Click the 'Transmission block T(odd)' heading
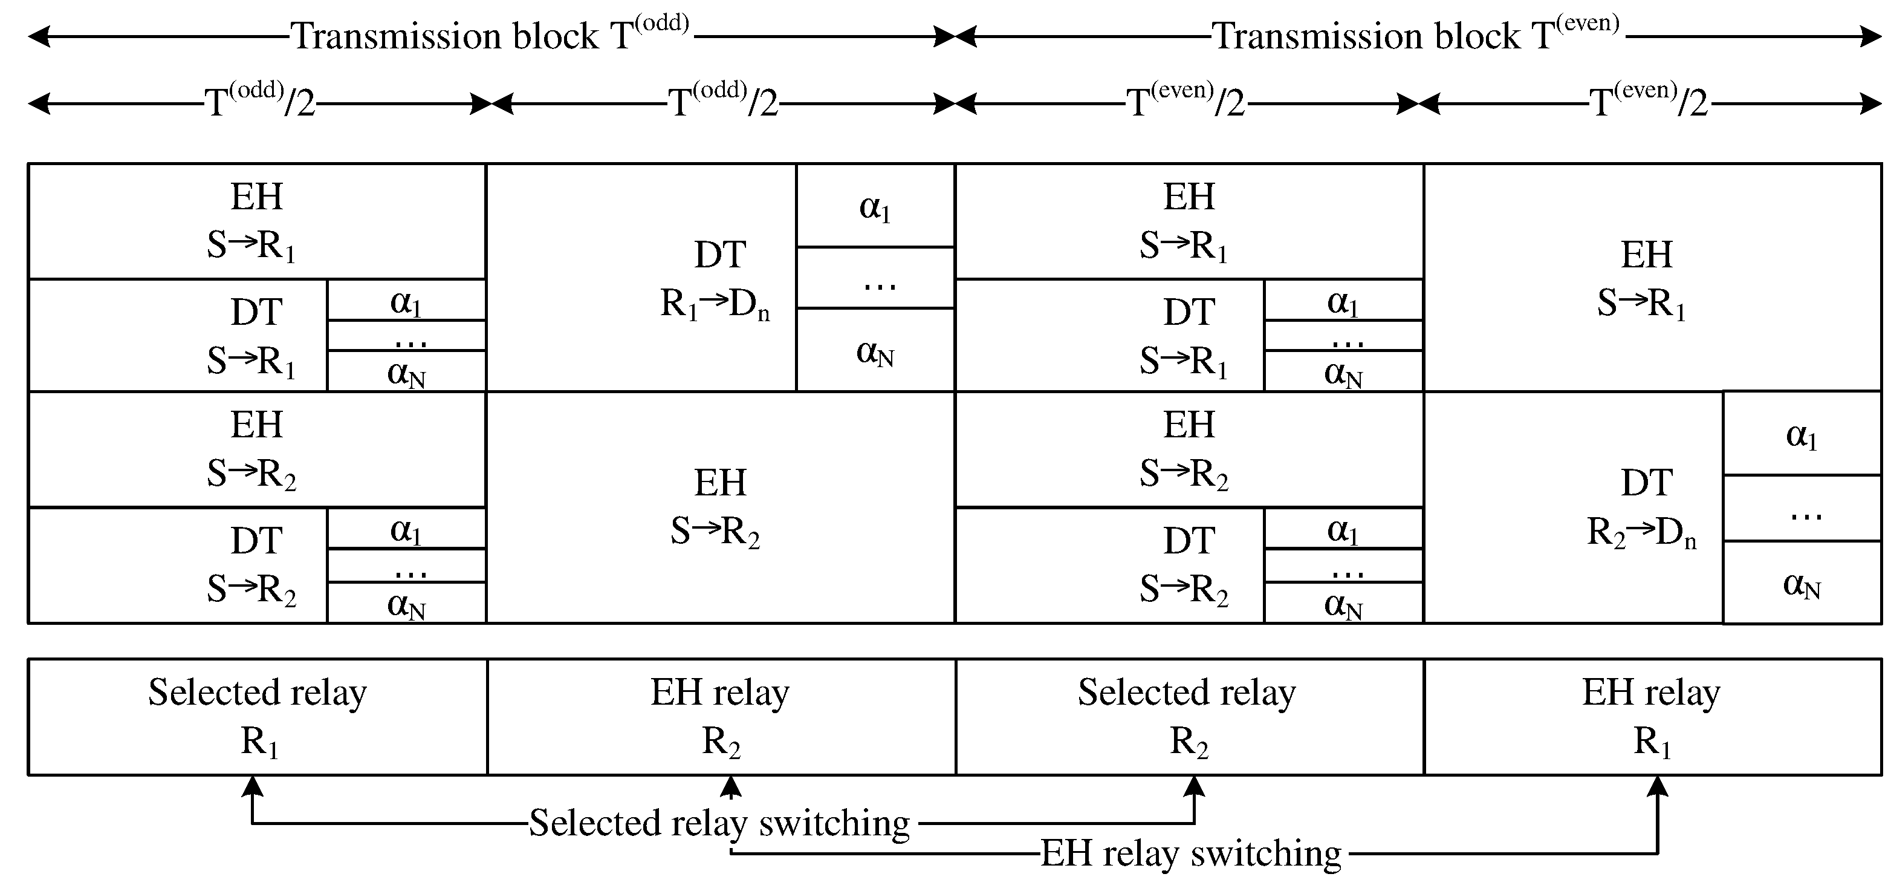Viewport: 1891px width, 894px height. coord(490,35)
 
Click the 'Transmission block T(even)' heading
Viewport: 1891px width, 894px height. coord(1415,35)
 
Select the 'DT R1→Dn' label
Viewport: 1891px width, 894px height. coord(716,279)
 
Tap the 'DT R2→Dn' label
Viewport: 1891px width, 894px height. coord(1642,507)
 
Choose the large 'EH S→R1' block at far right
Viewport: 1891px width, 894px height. coord(1644,279)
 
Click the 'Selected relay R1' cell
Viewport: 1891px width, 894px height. coord(258,716)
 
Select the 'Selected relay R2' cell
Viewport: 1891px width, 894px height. coord(1188,716)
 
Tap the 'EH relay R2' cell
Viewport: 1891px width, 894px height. coord(720,716)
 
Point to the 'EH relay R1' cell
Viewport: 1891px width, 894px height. coord(1651,716)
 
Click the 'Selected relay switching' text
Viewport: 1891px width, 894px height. coord(719,822)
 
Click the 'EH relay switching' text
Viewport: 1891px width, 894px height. coord(1191,853)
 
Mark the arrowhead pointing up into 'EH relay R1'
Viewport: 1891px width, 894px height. coord(1658,786)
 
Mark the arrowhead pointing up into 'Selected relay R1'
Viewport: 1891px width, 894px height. coord(253,786)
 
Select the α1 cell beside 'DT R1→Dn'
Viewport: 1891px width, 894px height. coord(875,206)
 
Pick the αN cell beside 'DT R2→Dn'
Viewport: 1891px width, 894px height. coord(1802,583)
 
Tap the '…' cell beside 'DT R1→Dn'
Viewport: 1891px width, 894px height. coord(875,278)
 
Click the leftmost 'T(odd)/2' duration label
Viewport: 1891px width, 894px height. coord(260,102)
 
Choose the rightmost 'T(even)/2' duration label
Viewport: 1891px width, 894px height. coord(1648,102)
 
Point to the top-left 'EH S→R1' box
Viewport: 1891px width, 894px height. coord(256,220)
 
